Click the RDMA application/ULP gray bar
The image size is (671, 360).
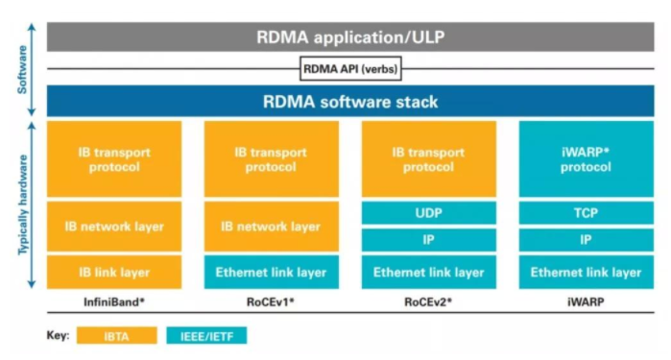point(349,37)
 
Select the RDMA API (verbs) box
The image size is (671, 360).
point(349,69)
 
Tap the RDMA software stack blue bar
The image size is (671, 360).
point(349,101)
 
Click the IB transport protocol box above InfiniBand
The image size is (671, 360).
point(114,158)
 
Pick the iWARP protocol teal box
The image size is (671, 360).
point(586,158)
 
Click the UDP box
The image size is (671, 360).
point(428,212)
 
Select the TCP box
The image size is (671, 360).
point(586,212)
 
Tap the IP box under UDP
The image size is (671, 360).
point(428,240)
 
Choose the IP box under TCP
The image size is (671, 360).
point(586,240)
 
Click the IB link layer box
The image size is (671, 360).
point(114,273)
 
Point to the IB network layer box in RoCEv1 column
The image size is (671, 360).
point(271,227)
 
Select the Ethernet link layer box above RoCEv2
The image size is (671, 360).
point(428,273)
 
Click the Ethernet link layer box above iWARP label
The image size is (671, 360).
point(586,273)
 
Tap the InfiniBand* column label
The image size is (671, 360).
point(114,301)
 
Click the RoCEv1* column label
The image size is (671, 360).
point(271,301)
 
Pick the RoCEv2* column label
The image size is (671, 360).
point(428,301)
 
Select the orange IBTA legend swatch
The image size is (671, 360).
point(118,337)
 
